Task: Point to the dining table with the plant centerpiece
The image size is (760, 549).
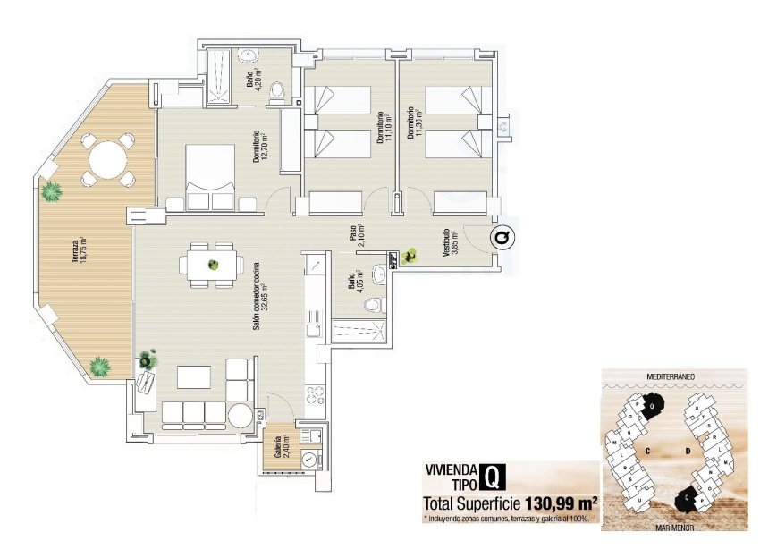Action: point(214,265)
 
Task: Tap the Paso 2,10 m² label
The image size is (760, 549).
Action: point(356,233)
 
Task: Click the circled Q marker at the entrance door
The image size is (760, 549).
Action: point(503,238)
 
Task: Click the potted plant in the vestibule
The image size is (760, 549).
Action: point(410,257)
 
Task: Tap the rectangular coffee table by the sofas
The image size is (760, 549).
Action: point(193,377)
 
